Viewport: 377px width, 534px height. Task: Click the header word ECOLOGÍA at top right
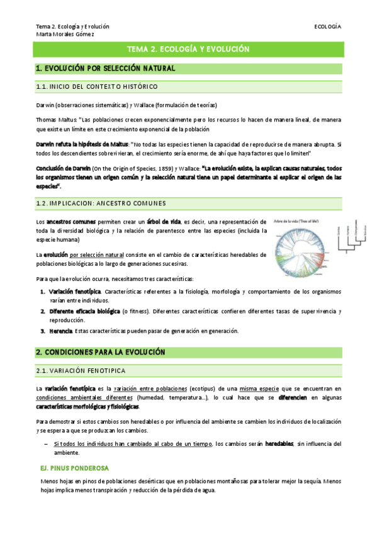pos(327,27)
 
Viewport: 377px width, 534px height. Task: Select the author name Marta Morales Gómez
pos(65,34)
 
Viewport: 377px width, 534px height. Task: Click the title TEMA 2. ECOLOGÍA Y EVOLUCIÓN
pos(188,49)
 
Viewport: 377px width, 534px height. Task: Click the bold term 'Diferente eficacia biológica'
pos(85,311)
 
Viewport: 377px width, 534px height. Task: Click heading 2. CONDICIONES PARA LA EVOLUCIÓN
pos(101,352)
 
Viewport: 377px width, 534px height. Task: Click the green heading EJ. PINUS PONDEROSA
pos(75,469)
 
